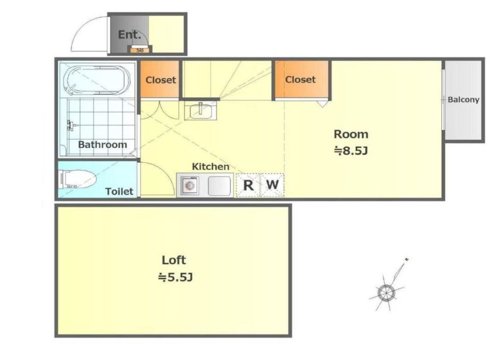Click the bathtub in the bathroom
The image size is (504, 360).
pos(97,80)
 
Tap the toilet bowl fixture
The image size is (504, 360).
pos(77,179)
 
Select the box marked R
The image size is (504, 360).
pos(248,185)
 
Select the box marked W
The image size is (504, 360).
pos(272,185)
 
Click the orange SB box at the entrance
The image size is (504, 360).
pos(140,50)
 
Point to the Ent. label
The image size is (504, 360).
pos(130,35)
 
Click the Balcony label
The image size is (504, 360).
pos(463,100)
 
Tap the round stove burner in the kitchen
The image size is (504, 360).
pos(190,185)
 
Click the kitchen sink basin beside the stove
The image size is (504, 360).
pos(219,186)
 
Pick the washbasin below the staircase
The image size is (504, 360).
pos(201,110)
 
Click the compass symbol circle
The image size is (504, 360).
pos(386,293)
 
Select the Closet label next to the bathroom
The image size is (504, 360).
pos(161,80)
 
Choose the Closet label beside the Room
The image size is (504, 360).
pos(300,79)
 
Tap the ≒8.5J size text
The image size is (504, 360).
pos(351,151)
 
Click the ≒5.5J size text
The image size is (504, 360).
pos(175,277)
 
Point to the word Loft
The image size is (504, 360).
pos(174,260)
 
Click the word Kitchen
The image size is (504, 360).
pos(211,167)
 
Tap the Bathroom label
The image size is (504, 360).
pos(103,144)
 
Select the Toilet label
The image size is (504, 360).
pos(119,192)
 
